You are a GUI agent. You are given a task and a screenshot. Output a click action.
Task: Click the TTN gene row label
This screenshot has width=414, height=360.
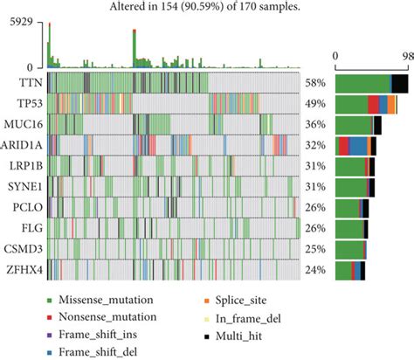pos(25,83)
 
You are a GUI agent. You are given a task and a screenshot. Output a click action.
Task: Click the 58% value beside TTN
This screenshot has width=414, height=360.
pos(316,83)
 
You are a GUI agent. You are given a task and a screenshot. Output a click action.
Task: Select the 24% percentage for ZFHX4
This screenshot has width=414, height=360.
pos(316,268)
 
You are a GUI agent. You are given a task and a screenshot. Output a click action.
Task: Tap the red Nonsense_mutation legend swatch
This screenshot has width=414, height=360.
pos(52,315)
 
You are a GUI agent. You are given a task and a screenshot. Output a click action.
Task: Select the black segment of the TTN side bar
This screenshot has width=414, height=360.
pos(400,83)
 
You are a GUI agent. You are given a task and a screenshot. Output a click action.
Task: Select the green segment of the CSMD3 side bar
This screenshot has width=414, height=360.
pos(349,248)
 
